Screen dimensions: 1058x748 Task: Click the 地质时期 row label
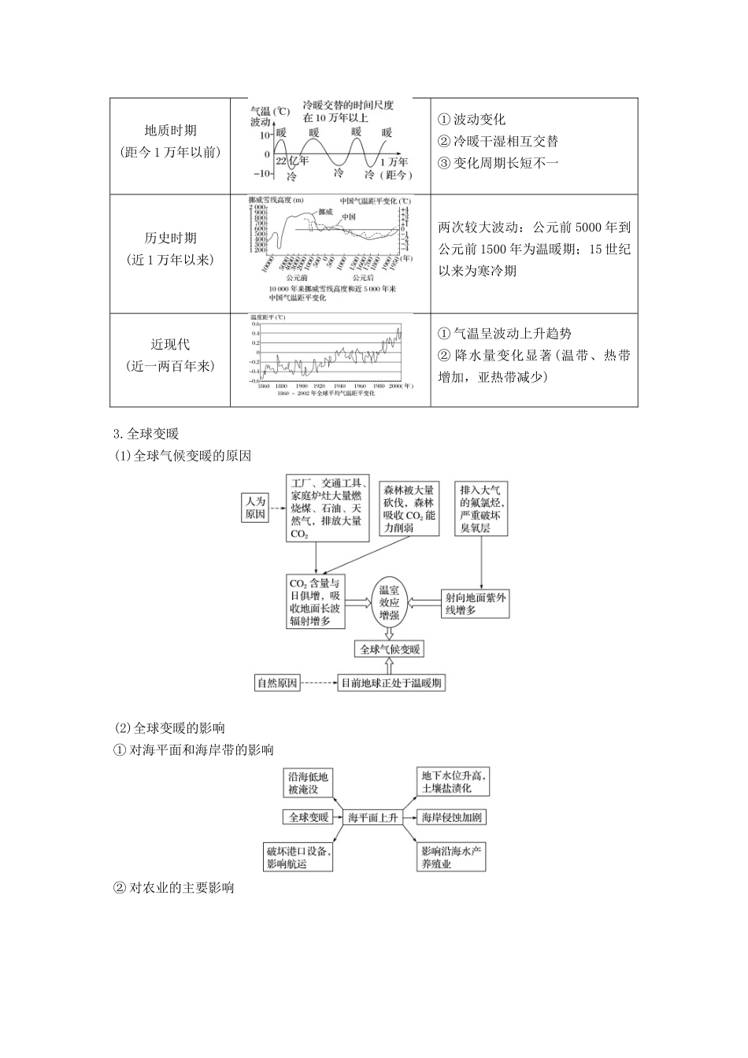170,131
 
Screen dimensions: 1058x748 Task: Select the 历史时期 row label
170,239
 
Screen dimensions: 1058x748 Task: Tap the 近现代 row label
170,344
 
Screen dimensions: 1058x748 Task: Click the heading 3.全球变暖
146,434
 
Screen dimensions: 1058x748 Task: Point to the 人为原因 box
255,508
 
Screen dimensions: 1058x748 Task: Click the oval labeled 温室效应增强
389,603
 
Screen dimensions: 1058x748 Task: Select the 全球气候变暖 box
391,649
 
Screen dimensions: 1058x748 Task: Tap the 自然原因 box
278,683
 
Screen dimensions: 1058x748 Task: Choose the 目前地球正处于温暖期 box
391,683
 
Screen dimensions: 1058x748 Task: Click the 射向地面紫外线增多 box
476,604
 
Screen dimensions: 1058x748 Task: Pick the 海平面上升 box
373,817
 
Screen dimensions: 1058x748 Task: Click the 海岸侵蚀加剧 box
452,817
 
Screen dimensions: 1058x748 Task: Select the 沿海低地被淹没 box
308,782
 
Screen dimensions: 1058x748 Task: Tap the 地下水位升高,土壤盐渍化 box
452,782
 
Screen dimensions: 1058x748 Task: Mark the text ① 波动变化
471,120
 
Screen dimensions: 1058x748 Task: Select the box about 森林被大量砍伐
408,508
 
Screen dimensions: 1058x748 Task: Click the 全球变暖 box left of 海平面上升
308,817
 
